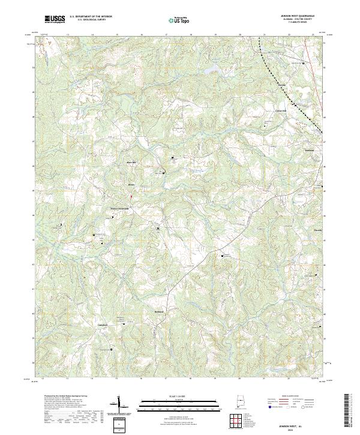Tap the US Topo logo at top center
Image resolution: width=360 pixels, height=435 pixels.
179,20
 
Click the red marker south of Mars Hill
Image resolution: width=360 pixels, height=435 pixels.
131,196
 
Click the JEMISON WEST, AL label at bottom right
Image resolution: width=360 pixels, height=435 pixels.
298,423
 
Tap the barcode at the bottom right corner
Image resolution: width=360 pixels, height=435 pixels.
350,411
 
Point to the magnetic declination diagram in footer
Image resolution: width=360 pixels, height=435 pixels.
119,408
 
